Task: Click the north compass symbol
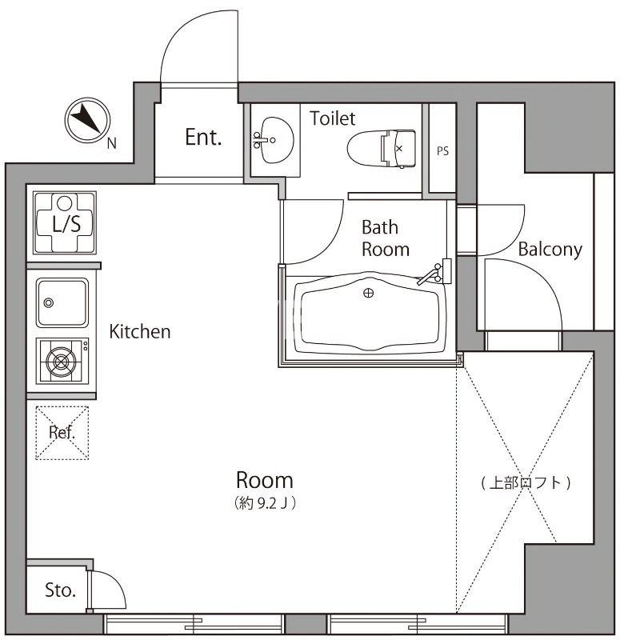[86, 119]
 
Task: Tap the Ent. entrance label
[202, 138]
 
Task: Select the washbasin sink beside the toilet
[272, 141]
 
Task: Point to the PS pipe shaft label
[442, 150]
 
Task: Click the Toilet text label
[332, 119]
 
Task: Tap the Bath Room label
[385, 238]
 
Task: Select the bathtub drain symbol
[368, 293]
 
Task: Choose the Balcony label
[550, 249]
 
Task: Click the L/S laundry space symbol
[66, 223]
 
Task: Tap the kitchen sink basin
[62, 302]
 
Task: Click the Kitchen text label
[140, 330]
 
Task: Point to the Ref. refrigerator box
[62, 433]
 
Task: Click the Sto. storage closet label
[60, 591]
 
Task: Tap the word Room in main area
[264, 480]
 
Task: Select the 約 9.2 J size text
[266, 504]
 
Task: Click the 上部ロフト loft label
[526, 482]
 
